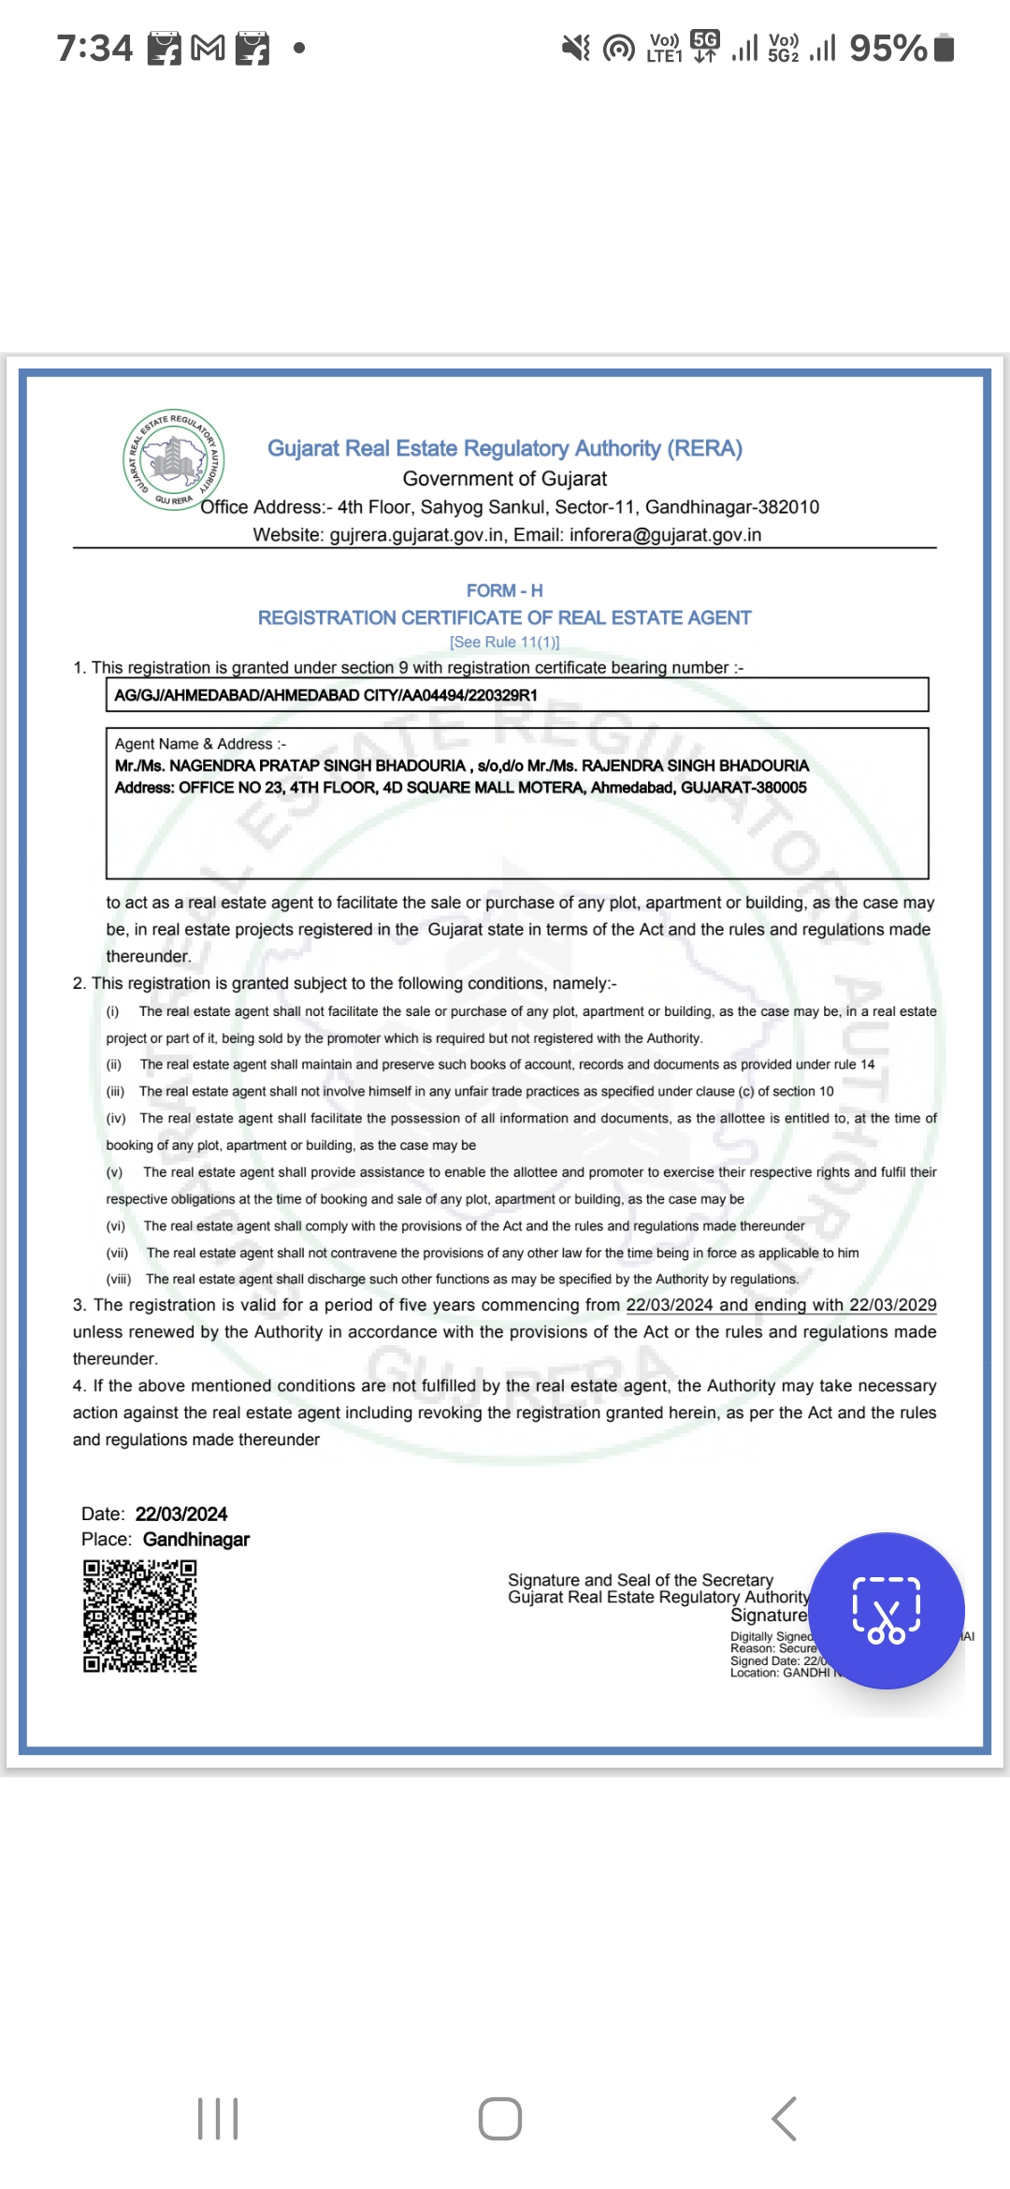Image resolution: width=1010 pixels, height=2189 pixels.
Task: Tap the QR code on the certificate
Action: [140, 1616]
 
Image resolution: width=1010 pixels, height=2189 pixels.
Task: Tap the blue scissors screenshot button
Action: [887, 1610]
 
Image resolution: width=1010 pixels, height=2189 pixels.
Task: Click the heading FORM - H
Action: [505, 590]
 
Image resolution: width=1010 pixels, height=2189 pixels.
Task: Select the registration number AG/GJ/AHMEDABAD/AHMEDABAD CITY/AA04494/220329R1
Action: [325, 695]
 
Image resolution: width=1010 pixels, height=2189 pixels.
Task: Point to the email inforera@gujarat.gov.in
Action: [665, 535]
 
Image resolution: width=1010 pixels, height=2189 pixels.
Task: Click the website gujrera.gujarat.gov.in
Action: [416, 535]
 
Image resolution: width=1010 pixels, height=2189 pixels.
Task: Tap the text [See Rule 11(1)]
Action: [505, 642]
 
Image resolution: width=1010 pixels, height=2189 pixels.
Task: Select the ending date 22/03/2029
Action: [892, 1305]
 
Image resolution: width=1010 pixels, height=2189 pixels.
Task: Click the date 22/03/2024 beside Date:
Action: [181, 1514]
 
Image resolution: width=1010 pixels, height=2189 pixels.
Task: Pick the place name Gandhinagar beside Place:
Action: [196, 1539]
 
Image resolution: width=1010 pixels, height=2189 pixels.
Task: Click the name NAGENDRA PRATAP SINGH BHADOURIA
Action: [317, 765]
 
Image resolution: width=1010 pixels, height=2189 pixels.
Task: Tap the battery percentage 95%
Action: [887, 48]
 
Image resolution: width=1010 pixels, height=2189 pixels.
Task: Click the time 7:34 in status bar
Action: [94, 48]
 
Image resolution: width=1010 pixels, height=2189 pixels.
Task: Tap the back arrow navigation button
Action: [784, 2119]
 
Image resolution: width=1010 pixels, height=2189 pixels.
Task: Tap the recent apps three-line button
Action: [218, 2119]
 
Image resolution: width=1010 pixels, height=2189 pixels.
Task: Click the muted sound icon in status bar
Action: [575, 48]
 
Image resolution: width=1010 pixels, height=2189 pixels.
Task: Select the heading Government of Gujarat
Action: [505, 479]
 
